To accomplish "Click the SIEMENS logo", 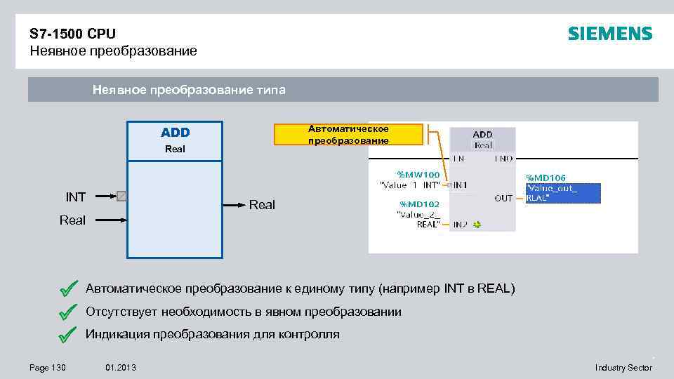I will pos(609,34).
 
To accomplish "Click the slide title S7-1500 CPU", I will pos(73,34).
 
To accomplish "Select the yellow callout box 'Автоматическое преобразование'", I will pos(348,134).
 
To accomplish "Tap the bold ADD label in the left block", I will pos(175,133).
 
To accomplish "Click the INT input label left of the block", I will pos(76,197).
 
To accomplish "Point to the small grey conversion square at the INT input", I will pos(122,197).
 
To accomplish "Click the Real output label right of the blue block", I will pos(263,205).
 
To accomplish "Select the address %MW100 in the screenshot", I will pos(418,174).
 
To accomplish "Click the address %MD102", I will pos(419,204).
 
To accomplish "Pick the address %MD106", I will pos(546,178).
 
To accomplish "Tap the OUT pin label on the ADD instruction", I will pos(503,199).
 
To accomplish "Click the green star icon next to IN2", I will pos(477,225).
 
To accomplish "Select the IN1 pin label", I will pos(460,185).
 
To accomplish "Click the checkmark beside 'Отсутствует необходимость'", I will pos(68,311).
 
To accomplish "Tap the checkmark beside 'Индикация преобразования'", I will pos(68,334).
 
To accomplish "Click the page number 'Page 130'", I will pos(47,368).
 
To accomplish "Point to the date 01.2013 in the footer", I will pos(121,368).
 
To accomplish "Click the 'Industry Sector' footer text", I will pos(623,368).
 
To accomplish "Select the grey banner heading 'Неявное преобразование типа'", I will pos(189,90).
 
